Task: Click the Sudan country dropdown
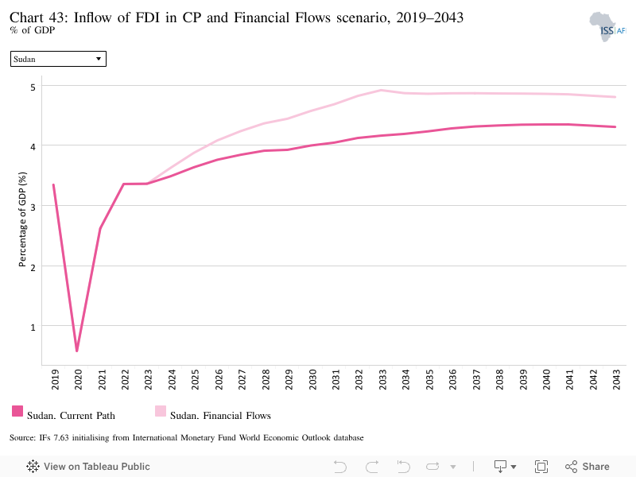[58, 59]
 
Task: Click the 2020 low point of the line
[76, 351]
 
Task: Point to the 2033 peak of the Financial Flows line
[382, 90]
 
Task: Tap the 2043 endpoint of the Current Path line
[615, 127]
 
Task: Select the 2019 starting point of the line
[53, 185]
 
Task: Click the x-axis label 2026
[219, 379]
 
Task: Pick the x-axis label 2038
[500, 379]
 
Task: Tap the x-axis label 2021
[102, 379]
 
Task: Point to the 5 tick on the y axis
[33, 87]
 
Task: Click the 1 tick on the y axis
[33, 327]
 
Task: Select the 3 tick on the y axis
[33, 207]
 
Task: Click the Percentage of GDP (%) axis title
[22, 219]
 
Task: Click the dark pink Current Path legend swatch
[17, 411]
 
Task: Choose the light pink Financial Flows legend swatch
[161, 411]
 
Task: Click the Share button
[588, 467]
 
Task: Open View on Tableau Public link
[88, 467]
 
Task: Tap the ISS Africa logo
[607, 27]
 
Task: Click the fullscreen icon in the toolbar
[541, 467]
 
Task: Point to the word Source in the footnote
[22, 438]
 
